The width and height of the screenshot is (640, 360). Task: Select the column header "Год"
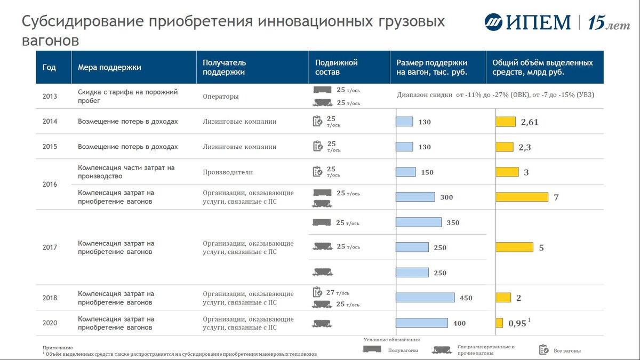tap(49, 68)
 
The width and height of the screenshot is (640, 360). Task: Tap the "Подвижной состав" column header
tap(336, 67)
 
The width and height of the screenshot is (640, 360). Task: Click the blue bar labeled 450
tap(425, 298)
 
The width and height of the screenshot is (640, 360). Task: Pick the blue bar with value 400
tap(422, 323)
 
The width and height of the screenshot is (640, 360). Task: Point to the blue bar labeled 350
tap(419, 222)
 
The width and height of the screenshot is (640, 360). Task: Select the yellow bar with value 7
tap(522, 197)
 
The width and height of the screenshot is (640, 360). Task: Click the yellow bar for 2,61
tap(506, 122)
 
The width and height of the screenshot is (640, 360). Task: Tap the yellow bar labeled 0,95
tap(499, 323)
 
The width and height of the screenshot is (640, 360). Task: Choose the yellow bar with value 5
tap(514, 247)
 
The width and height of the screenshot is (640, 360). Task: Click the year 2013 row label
tap(50, 97)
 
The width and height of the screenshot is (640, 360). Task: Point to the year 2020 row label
tap(50, 323)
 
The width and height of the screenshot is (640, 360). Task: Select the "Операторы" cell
tap(221, 97)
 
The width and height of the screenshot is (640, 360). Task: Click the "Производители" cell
tap(228, 172)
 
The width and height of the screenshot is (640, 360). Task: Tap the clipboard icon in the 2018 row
tap(317, 292)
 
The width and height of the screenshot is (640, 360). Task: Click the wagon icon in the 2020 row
tap(322, 323)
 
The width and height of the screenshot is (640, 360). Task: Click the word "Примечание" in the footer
tap(58, 347)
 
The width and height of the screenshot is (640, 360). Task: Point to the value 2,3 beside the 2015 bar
tap(525, 147)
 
